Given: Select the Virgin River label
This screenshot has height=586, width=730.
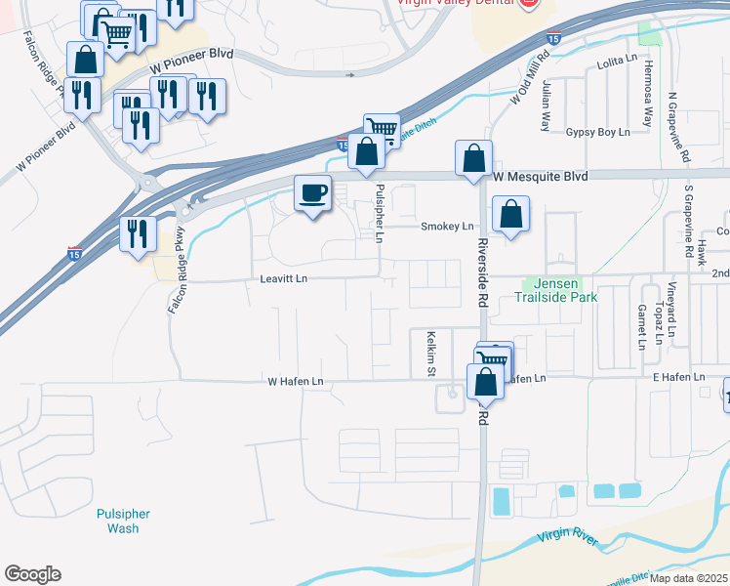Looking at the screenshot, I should [x=569, y=537].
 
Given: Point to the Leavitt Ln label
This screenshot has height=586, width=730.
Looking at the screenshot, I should [x=283, y=279].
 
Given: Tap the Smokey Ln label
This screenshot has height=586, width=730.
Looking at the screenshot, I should [x=446, y=227].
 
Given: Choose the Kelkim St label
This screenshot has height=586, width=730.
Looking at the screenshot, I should [x=430, y=354].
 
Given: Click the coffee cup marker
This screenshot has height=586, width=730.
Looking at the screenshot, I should [x=312, y=193].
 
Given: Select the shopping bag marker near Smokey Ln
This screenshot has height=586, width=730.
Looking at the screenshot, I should [x=510, y=214].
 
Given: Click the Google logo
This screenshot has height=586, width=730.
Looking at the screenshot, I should [x=32, y=574].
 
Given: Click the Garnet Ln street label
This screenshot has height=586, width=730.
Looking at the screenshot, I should [x=641, y=326].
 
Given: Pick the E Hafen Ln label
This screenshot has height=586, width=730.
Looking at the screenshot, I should [x=678, y=377].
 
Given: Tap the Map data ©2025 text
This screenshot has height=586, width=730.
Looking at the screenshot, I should [x=689, y=578].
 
